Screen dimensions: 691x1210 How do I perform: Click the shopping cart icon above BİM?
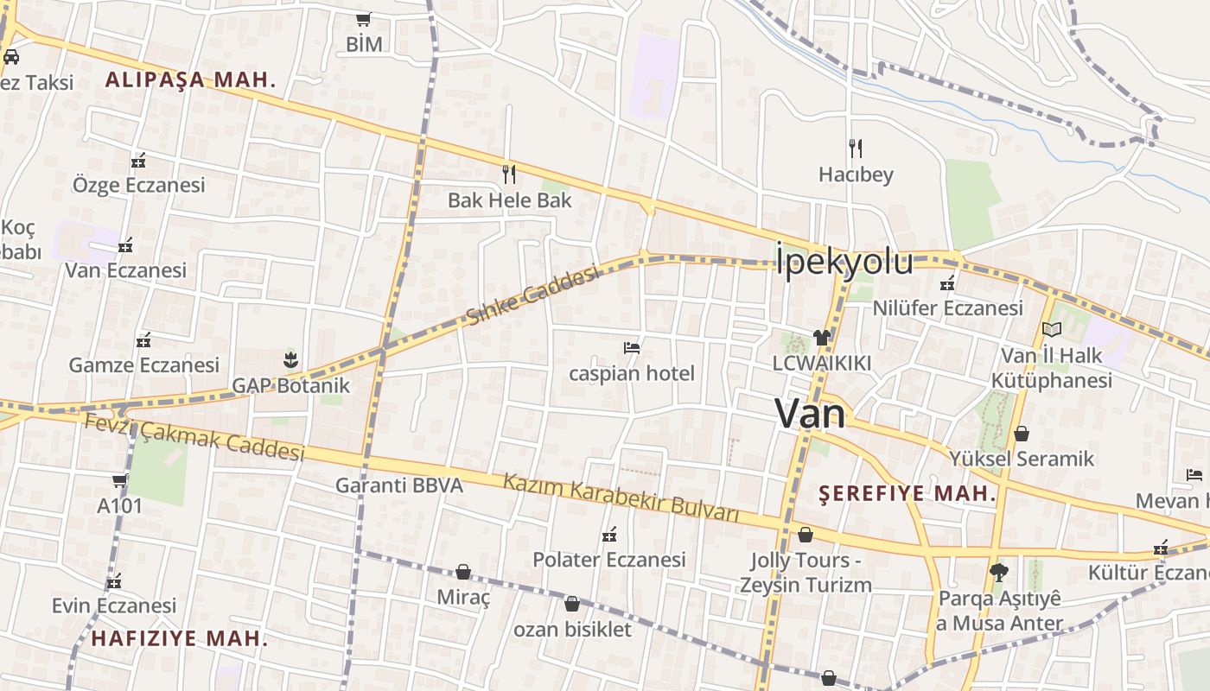click(363, 19)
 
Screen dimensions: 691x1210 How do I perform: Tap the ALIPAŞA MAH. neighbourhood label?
click(190, 80)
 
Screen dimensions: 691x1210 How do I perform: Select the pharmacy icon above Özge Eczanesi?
click(138, 161)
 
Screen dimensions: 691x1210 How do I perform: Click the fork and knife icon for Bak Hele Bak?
click(509, 174)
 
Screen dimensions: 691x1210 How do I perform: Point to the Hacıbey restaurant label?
click(856, 175)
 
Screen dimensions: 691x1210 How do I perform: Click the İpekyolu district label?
click(844, 262)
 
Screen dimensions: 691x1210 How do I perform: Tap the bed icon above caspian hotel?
click(632, 348)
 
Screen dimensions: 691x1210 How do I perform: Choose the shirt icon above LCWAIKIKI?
click(821, 338)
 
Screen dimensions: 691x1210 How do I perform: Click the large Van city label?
click(810, 413)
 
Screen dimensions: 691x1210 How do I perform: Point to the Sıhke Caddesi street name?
click(532, 295)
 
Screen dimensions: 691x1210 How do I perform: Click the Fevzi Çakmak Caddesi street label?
click(194, 437)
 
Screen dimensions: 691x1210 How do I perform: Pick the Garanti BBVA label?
click(399, 485)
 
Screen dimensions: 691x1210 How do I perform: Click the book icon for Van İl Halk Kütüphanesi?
click(1052, 329)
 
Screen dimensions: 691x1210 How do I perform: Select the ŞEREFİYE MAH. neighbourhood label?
click(907, 494)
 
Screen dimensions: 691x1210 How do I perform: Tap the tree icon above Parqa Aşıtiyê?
click(999, 572)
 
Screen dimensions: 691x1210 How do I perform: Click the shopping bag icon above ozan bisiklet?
click(571, 604)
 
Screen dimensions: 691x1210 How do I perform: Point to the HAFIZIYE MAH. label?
click(179, 638)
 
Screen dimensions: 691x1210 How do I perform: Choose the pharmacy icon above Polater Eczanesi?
click(609, 535)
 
